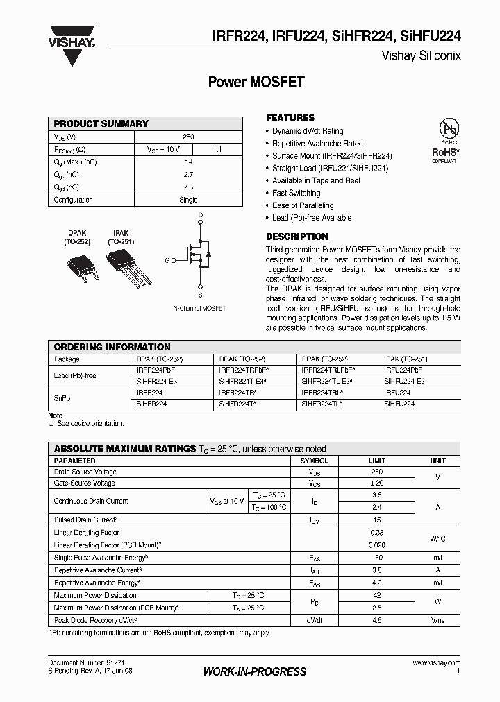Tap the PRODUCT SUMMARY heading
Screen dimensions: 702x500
point(101,123)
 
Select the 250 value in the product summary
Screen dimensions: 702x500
point(188,137)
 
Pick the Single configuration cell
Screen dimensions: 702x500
point(188,200)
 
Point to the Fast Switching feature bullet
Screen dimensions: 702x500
point(296,193)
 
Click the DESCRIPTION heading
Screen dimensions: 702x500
point(297,237)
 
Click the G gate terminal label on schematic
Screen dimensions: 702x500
point(167,260)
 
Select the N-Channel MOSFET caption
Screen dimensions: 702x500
point(200,307)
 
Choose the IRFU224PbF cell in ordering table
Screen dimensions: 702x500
point(403,370)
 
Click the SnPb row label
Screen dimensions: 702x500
point(62,398)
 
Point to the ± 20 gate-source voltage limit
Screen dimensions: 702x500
point(378,483)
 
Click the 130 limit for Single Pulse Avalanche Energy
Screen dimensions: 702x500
point(378,558)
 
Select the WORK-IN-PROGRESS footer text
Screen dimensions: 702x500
point(254,672)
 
